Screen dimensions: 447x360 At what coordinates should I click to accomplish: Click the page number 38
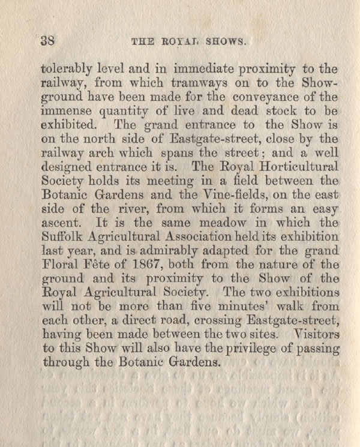pos(47,41)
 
